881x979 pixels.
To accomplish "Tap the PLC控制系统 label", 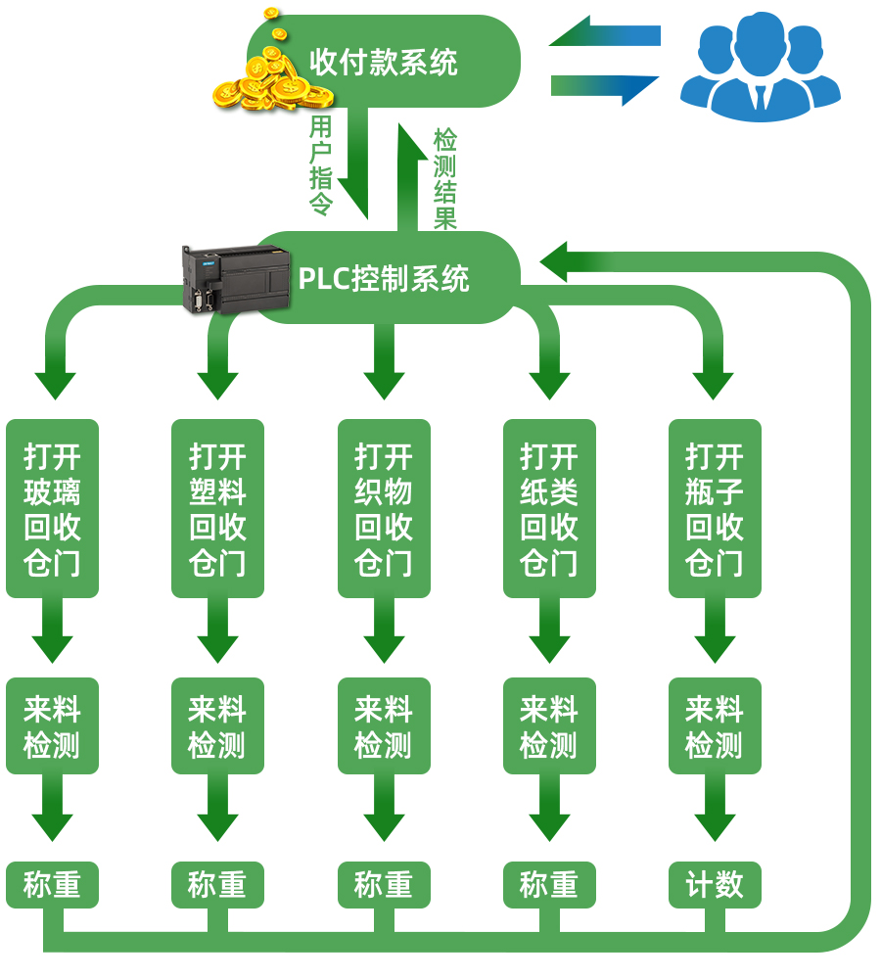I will pos(384,279).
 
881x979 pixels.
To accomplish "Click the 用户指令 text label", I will pos(321,164).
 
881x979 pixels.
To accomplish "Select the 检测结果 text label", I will pos(445,179).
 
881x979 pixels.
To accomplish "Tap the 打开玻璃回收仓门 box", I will pos(53,509).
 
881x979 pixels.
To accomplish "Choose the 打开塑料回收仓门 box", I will pos(217,509).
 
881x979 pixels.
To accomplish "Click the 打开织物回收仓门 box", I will pos(384,509).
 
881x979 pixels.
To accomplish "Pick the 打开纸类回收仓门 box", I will pos(549,509).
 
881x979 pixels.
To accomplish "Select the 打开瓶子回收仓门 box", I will pos(715,509).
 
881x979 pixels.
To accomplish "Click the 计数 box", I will pos(715,885).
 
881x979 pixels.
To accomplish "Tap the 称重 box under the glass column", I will pos(53,885).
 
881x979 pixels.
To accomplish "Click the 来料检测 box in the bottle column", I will pos(715,726).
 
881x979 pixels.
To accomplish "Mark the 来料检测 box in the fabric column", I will pos(384,726).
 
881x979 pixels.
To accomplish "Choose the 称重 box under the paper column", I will pos(549,885).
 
